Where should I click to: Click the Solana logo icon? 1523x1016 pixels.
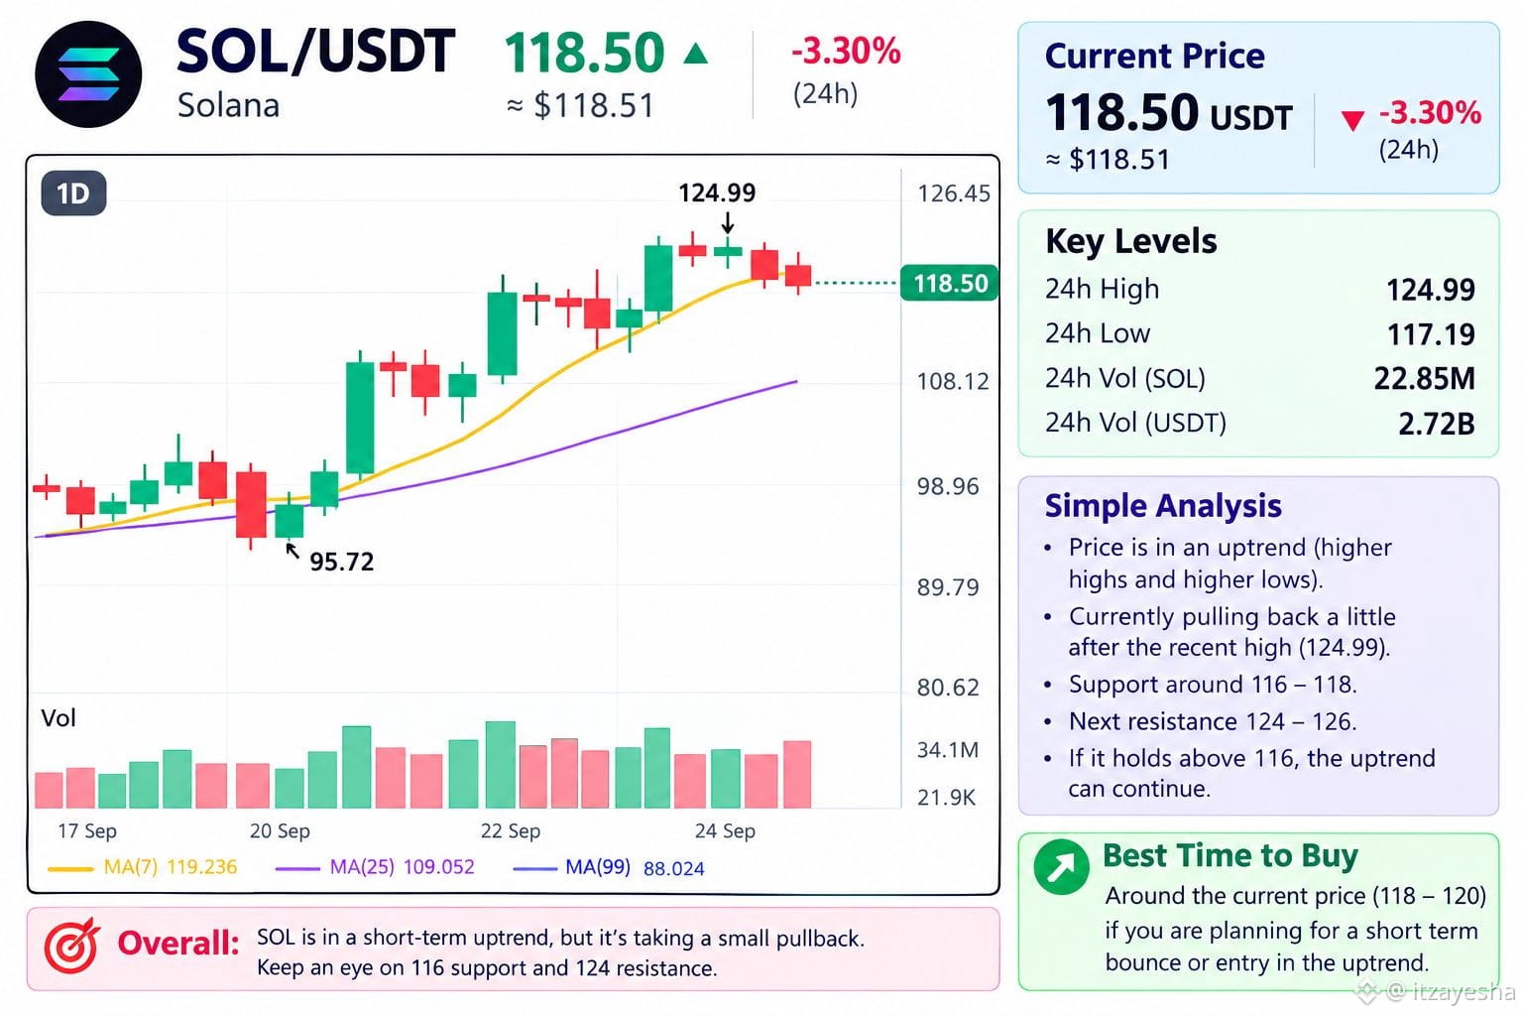[x=88, y=74]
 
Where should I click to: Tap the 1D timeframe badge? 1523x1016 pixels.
[x=73, y=193]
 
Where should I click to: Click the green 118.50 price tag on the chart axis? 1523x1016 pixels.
[x=949, y=283]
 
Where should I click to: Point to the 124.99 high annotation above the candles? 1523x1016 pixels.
[x=717, y=192]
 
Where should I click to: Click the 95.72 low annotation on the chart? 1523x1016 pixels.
[x=341, y=562]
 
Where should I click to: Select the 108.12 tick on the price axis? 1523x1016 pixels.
[x=953, y=381]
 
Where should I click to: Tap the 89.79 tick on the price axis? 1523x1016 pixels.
[x=948, y=586]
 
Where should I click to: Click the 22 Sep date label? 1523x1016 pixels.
[x=510, y=830]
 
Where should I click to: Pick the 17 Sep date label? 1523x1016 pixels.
[x=87, y=830]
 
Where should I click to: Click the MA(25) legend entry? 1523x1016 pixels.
[x=375, y=867]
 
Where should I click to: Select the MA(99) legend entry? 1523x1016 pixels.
[x=609, y=867]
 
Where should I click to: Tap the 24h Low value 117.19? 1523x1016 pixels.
[x=1431, y=334]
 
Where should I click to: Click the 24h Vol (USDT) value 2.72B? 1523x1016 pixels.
[x=1436, y=424]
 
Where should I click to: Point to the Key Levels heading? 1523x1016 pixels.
[x=1131, y=241]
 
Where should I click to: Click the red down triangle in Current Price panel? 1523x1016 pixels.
[x=1352, y=120]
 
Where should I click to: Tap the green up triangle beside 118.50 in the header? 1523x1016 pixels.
[x=695, y=53]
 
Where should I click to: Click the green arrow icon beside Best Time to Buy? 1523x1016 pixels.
[x=1061, y=867]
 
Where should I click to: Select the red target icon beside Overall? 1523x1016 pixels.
[x=71, y=946]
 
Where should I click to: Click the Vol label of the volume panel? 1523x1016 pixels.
[x=59, y=718]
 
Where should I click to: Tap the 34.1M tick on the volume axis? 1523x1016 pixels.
[x=948, y=750]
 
